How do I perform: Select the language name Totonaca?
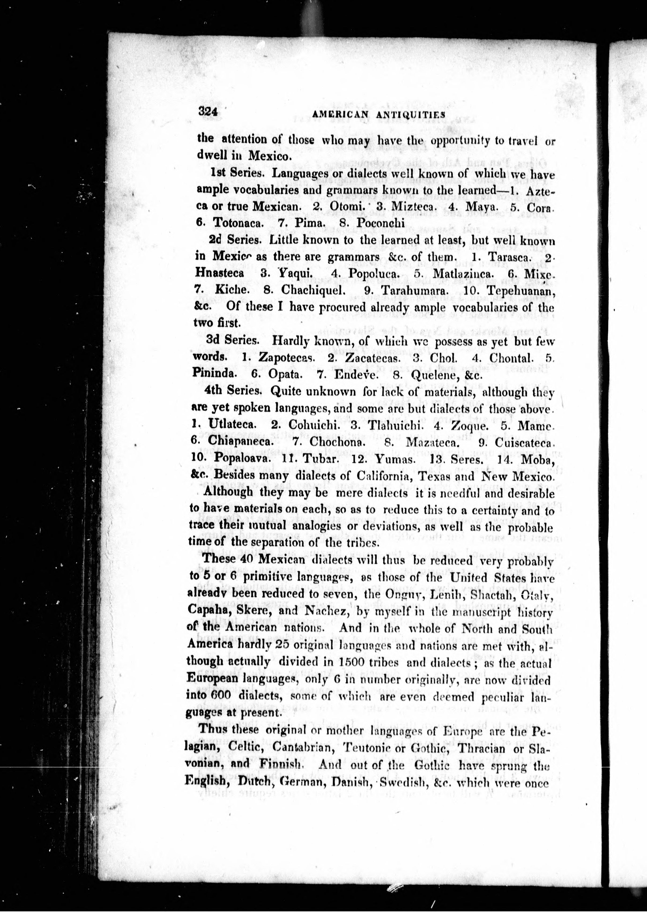pos(239,223)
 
